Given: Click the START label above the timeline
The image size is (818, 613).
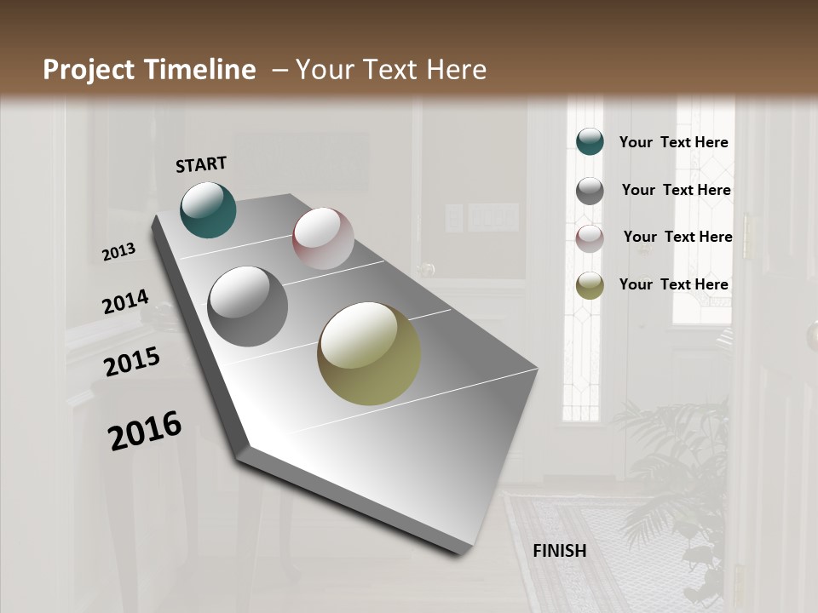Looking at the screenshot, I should click(201, 164).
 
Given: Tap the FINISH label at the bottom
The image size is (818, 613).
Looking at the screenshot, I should click(560, 551).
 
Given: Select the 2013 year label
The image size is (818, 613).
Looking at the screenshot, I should click(119, 252).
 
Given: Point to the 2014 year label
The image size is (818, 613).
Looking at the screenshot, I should click(125, 302).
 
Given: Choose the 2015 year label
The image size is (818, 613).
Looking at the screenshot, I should click(132, 362).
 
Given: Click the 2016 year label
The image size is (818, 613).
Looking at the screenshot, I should click(145, 430).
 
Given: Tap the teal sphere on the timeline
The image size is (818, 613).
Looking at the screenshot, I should click(208, 209).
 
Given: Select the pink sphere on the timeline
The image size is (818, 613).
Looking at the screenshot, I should click(323, 238).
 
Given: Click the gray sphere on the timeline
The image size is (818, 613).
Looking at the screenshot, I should click(248, 306).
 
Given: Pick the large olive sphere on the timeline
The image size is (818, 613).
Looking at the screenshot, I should click(369, 353).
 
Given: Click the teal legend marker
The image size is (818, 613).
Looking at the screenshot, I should click(590, 142).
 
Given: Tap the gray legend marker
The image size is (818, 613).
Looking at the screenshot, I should click(590, 191).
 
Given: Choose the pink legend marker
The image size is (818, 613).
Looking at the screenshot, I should click(590, 238).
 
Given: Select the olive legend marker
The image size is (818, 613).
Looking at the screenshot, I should click(590, 285).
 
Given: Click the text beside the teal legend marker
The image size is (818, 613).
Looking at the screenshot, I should click(673, 142).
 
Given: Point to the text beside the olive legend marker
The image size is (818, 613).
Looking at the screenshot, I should click(673, 284).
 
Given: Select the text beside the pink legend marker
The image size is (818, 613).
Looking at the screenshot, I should click(677, 237).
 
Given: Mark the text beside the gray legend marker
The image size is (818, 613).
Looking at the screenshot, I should click(676, 190).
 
